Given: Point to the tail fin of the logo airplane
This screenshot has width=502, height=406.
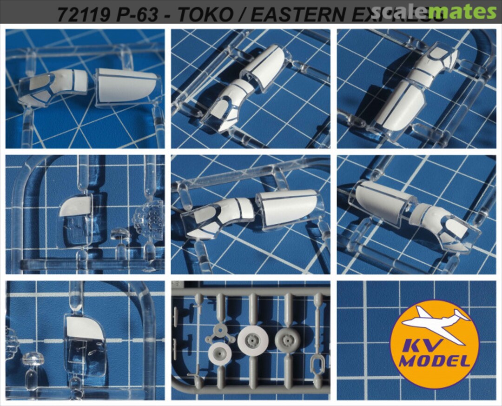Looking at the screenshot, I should pyautogui.click(x=463, y=317).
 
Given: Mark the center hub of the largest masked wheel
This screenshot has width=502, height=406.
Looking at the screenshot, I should pyautogui.click(x=253, y=341).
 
